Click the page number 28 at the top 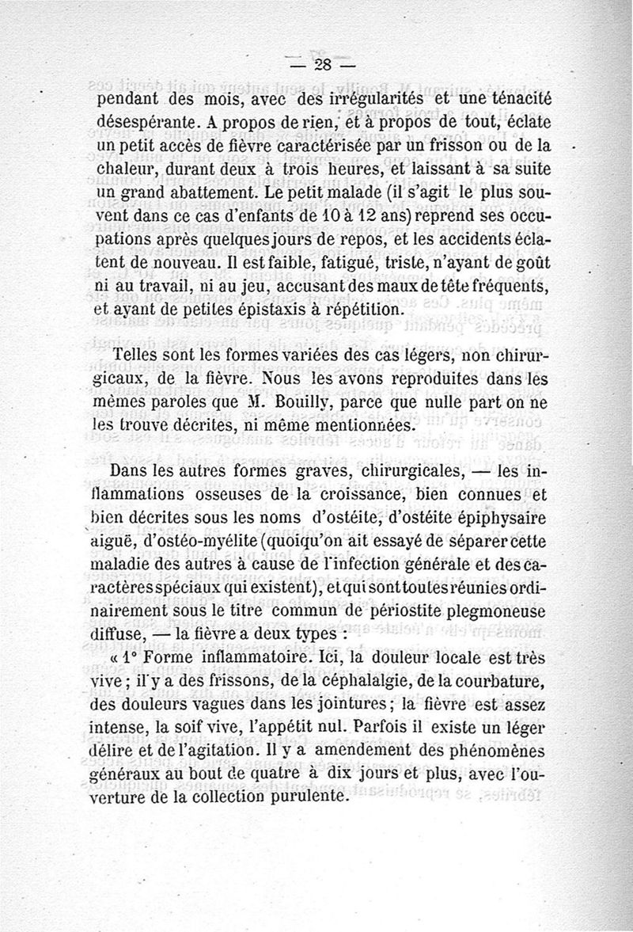click(x=323, y=65)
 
